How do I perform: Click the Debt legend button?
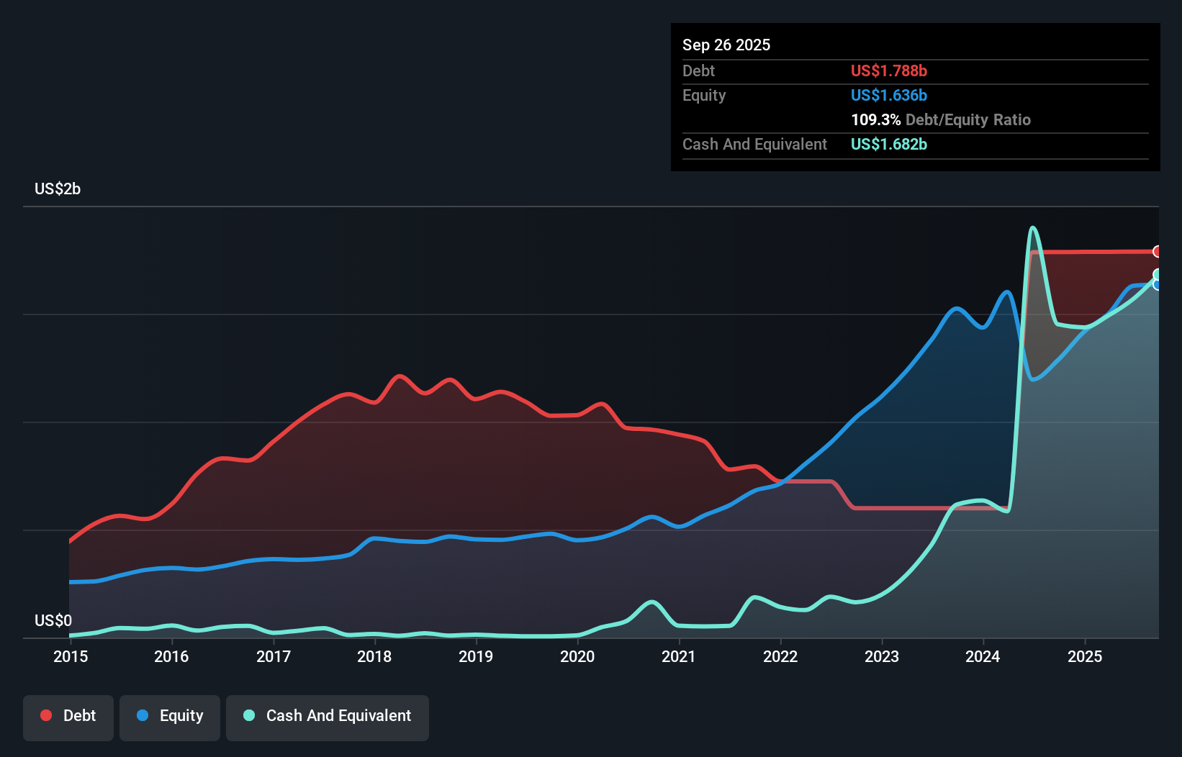click(x=68, y=716)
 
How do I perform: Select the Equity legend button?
click(x=170, y=716)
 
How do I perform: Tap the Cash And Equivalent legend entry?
click(x=328, y=716)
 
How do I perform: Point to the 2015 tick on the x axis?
click(x=71, y=656)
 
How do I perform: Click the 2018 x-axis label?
click(x=374, y=656)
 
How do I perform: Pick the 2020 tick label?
click(x=577, y=656)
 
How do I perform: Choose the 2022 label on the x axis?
click(x=780, y=656)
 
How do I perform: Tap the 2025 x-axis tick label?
click(x=1085, y=656)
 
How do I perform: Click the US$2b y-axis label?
click(x=58, y=189)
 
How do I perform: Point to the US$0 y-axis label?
click(x=53, y=620)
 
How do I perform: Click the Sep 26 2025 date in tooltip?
click(x=726, y=45)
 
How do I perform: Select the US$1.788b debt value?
click(x=888, y=71)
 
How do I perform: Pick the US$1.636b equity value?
click(x=888, y=96)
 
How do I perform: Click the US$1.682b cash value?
click(x=888, y=145)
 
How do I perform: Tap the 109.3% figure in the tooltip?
click(x=875, y=120)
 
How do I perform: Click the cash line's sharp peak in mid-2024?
click(x=1033, y=228)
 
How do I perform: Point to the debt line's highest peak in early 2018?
click(x=400, y=376)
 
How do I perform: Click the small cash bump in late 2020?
click(x=652, y=602)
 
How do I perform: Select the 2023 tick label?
click(x=882, y=656)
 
